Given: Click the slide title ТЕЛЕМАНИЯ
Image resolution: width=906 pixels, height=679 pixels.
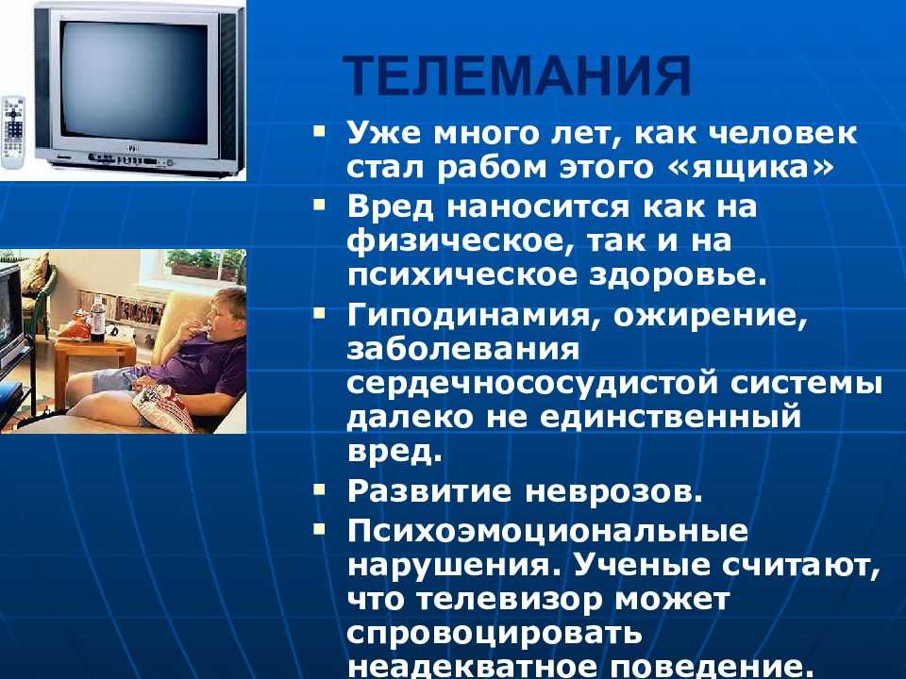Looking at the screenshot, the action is [516, 75].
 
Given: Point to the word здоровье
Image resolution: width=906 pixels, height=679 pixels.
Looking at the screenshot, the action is [679, 274].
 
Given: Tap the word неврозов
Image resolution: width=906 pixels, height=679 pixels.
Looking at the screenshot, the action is [614, 491].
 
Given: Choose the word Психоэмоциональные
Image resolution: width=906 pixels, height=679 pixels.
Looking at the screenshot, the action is [547, 531].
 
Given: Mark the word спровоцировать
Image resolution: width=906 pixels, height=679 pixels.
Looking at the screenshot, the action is [495, 633].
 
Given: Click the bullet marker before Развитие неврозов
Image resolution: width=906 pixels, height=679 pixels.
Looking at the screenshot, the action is [319, 490].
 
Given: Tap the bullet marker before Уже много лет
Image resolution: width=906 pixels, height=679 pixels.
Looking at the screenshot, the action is [319, 131].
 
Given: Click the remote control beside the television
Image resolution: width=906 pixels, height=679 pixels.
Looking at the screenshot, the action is [13, 133].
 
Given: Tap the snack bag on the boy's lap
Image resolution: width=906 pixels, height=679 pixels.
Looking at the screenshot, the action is [164, 406].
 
